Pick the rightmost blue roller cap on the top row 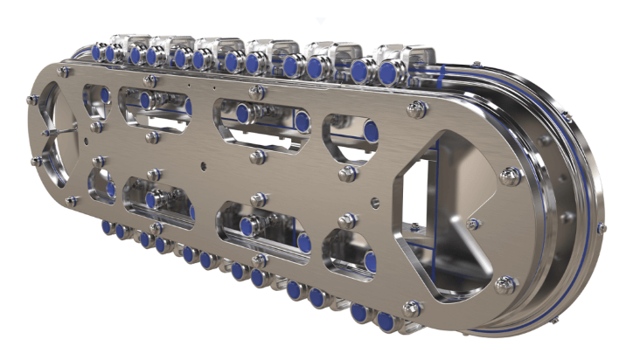pyautogui.click(x=386, y=73)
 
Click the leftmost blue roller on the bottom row pyautogui.click(x=106, y=227)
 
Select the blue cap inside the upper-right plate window pyautogui.click(x=371, y=132)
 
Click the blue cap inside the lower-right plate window pyautogui.click(x=370, y=261)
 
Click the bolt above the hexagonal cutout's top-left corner pyautogui.click(x=417, y=108)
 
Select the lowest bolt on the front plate pyautogui.click(x=412, y=308)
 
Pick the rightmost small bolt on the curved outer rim pyautogui.click(x=602, y=228)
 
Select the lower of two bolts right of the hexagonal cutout pyautogui.click(x=506, y=284)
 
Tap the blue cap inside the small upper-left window pyautogui.click(x=104, y=94)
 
